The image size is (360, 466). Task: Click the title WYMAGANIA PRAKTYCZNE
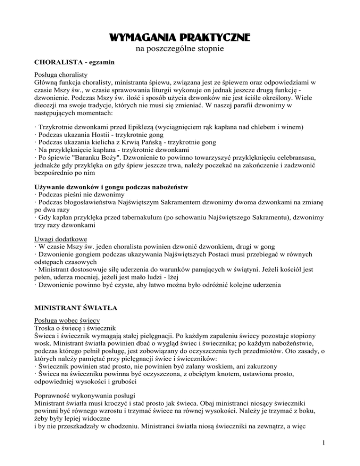click(x=180, y=36)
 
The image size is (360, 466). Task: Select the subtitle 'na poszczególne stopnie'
click(x=180, y=48)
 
